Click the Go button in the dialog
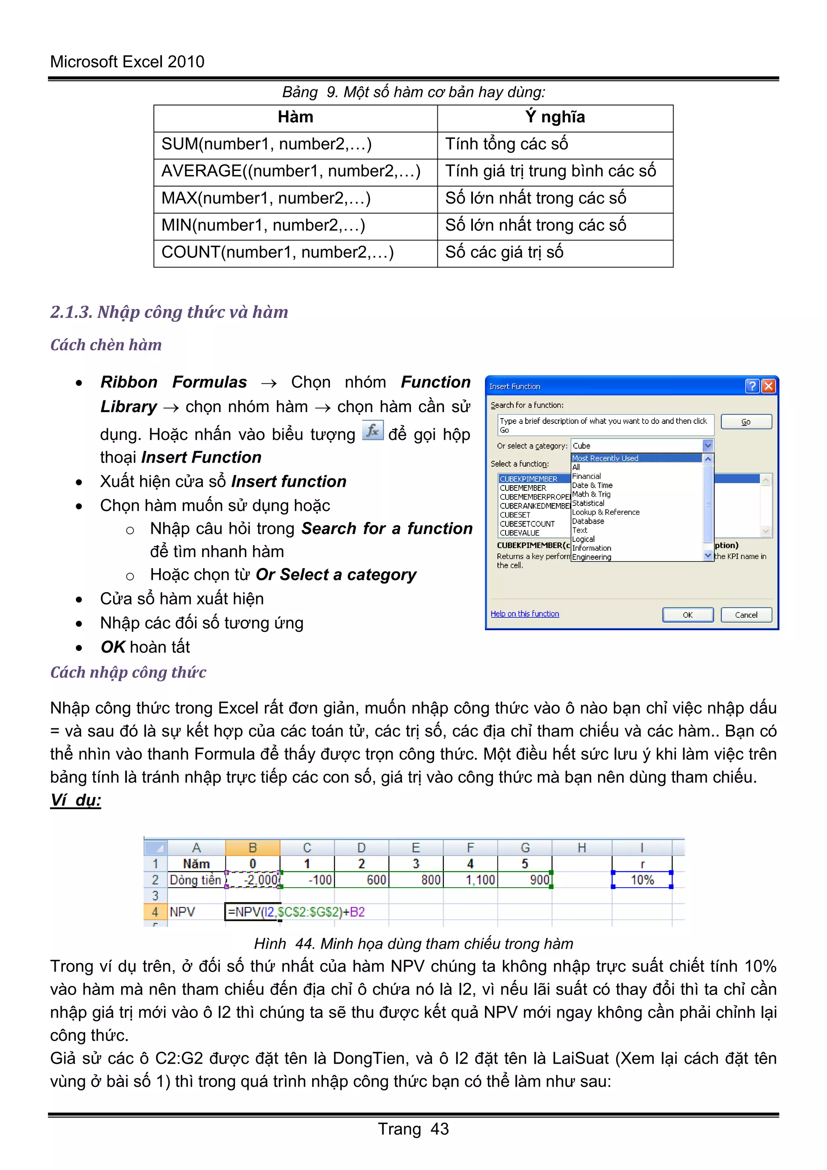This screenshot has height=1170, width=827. pyautogui.click(x=745, y=421)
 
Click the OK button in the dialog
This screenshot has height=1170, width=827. pyautogui.click(x=687, y=614)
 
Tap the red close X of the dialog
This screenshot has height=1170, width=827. pyautogui.click(x=768, y=386)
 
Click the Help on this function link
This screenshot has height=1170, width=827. pyautogui.click(x=525, y=614)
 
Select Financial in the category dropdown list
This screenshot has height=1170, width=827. pyautogui.click(x=586, y=476)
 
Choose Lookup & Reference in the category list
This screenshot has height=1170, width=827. pyautogui.click(x=605, y=512)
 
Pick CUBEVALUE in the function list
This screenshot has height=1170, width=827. pyautogui.click(x=519, y=532)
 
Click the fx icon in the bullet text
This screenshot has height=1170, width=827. pyautogui.click(x=373, y=430)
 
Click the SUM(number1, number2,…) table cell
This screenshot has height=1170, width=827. pyautogui.click(x=267, y=144)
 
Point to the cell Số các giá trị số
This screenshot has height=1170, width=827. pyautogui.click(x=504, y=252)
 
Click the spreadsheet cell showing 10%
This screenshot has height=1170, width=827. pyautogui.click(x=642, y=880)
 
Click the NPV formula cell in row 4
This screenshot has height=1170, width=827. pyautogui.click(x=296, y=912)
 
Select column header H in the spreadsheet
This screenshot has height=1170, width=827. pyautogui.click(x=581, y=848)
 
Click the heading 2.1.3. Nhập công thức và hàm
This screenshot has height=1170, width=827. pyautogui.click(x=169, y=311)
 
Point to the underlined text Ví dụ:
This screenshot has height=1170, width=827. pyautogui.click(x=76, y=800)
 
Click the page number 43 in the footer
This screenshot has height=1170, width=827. pyautogui.click(x=439, y=1129)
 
